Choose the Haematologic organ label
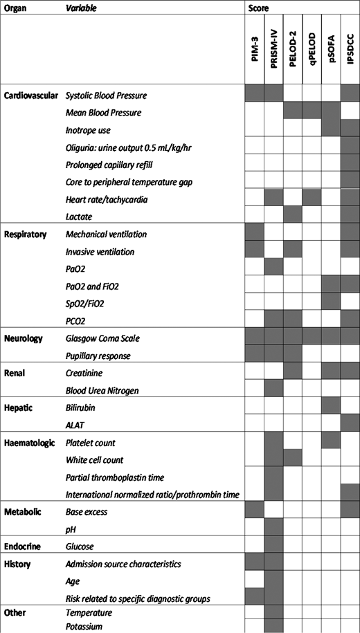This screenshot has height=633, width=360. coord(30,443)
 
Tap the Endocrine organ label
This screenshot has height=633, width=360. coord(23,547)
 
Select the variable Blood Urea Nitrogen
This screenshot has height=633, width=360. coord(101,391)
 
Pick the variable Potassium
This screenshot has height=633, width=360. coord(84,625)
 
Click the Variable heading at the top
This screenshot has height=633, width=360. coord(81,8)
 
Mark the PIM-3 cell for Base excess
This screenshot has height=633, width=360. coord(255,512)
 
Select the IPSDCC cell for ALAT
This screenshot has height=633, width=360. coord(350,425)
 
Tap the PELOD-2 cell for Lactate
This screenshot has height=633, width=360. coord(294,217)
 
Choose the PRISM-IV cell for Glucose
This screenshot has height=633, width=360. coord(275,547)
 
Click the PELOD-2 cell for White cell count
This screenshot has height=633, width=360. coord(294,460)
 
